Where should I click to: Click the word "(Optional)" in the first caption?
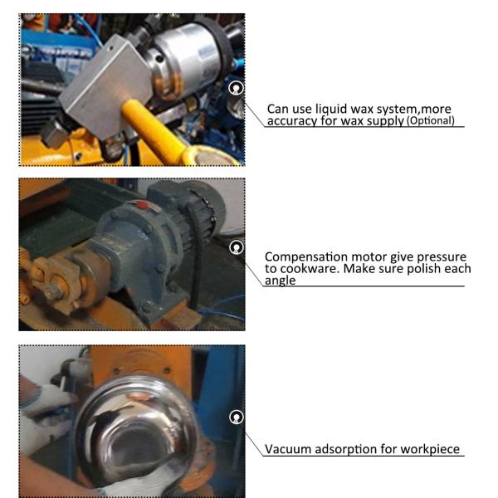(431, 121)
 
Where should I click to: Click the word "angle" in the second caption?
(281, 281)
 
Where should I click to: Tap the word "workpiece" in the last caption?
(430, 450)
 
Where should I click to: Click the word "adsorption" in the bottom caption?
(345, 450)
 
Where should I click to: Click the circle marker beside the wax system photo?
(236, 88)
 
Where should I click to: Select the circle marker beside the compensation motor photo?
(236, 247)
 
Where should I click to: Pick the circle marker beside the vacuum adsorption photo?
(236, 417)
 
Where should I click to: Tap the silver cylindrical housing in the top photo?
(188, 59)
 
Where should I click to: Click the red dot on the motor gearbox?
(143, 205)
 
